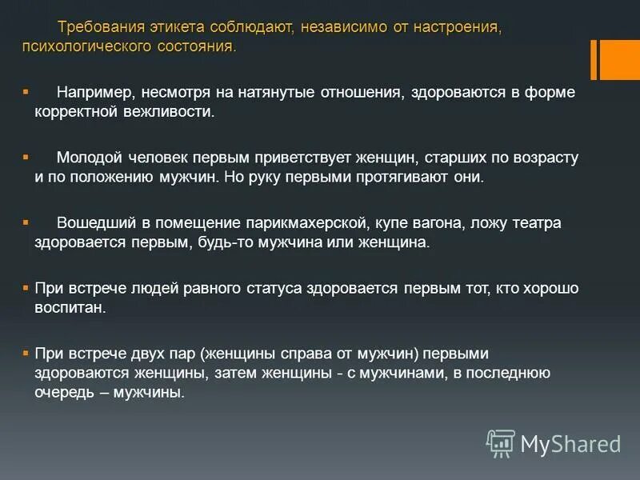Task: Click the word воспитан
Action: [x=69, y=307]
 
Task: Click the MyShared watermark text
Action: [x=570, y=443]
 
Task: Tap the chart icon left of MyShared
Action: [x=501, y=442]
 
